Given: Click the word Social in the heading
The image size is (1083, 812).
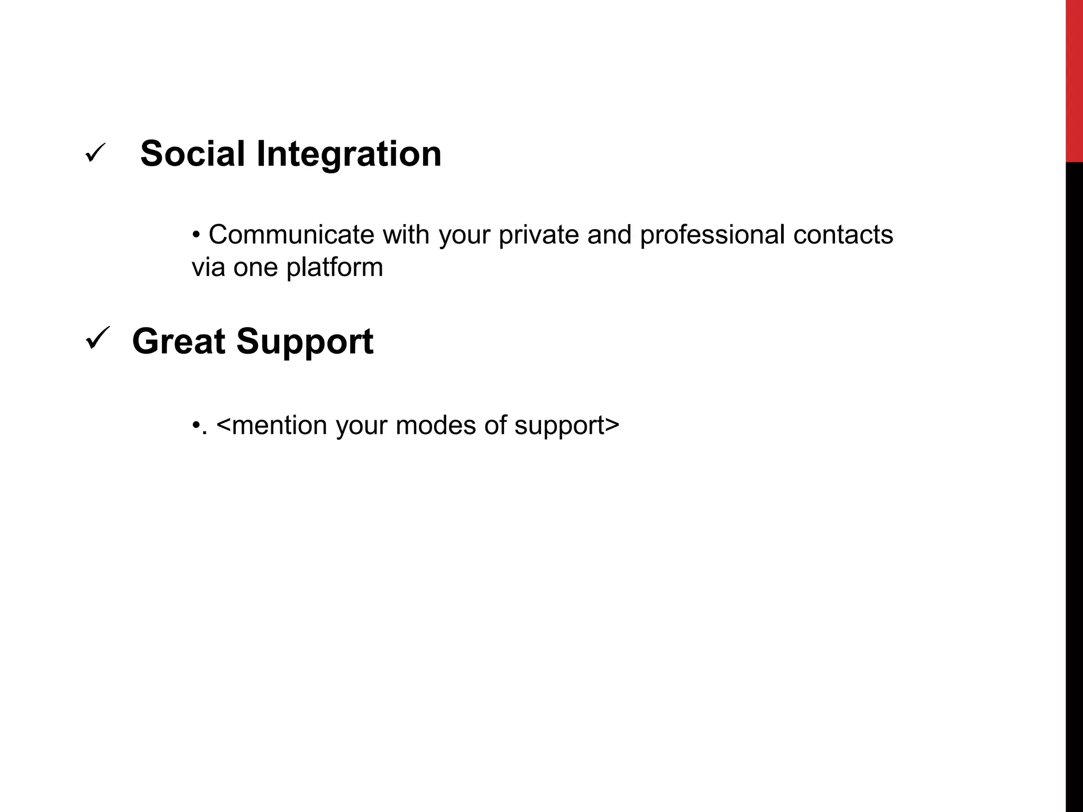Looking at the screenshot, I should [192, 154].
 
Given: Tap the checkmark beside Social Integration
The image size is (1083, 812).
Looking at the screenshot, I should [95, 153].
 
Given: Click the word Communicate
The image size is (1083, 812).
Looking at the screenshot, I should [291, 234].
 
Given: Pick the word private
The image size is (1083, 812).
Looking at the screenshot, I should [538, 235].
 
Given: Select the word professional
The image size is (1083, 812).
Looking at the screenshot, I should [712, 235].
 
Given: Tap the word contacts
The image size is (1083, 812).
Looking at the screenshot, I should [843, 234].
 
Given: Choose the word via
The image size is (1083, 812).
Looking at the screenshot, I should [208, 267].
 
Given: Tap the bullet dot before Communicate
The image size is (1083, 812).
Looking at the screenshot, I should [196, 234].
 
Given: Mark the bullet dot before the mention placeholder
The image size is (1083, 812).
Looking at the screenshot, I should [196, 425].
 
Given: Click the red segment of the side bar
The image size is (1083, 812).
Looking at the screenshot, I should [1074, 79].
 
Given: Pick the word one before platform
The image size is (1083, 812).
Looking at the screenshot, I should [255, 267].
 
